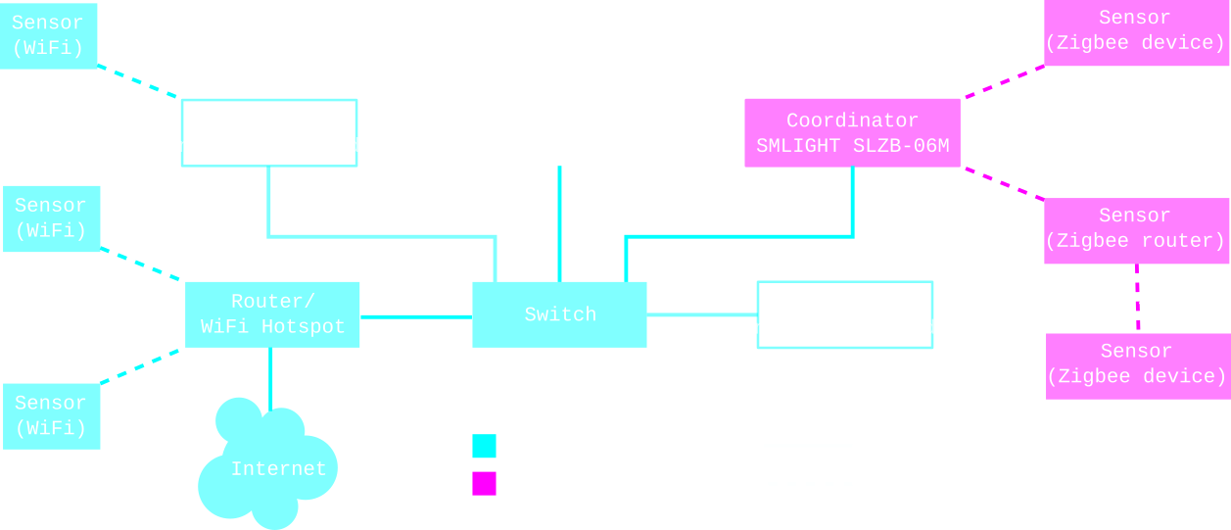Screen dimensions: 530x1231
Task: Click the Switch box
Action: click(x=559, y=314)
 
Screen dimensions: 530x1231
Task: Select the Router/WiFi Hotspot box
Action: click(x=272, y=314)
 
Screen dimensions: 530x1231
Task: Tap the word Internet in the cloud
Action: click(x=278, y=469)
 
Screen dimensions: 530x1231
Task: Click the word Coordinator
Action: click(x=852, y=120)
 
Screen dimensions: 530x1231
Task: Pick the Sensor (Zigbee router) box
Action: click(x=1135, y=230)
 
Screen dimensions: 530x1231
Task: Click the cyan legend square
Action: click(x=484, y=446)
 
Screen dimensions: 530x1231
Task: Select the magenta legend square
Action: click(x=484, y=483)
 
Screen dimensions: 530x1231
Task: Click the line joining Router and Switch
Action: click(x=415, y=316)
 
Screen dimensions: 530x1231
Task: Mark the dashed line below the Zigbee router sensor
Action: click(x=1137, y=298)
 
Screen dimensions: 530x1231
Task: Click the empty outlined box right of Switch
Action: click(x=844, y=314)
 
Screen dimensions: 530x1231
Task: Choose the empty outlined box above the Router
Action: click(x=269, y=132)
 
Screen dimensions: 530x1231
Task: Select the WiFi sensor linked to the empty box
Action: click(x=49, y=35)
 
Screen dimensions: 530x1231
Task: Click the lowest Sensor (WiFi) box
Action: click(x=52, y=416)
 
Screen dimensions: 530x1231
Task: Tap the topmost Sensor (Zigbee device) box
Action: click(x=1136, y=32)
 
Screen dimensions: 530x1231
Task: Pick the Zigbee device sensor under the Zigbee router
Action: click(x=1137, y=365)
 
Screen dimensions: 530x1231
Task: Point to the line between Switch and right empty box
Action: click(x=701, y=314)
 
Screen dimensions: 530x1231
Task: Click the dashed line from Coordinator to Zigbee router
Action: click(x=1004, y=183)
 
